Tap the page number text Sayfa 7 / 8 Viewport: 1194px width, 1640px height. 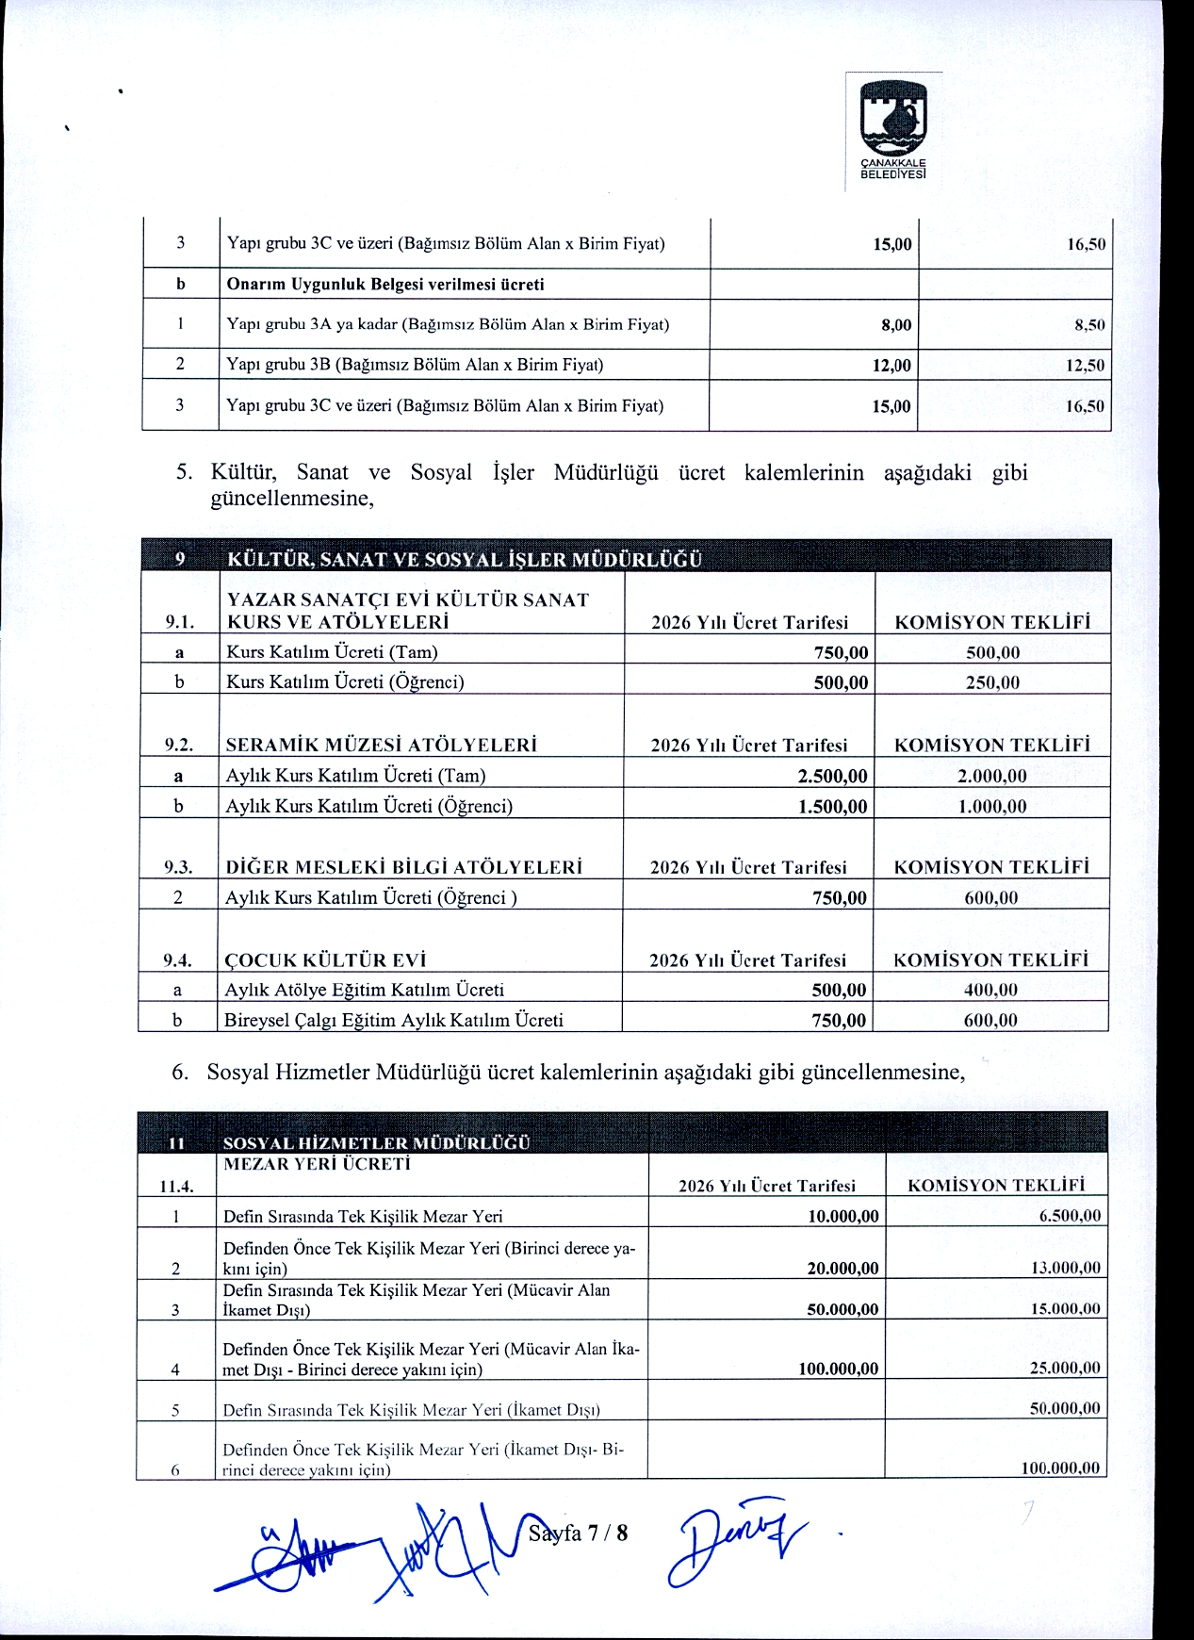pos(578,1533)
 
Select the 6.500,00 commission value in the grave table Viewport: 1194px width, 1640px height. pos(1070,1216)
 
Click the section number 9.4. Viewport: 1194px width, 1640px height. pos(177,960)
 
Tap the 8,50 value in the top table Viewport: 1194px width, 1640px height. pos(1089,325)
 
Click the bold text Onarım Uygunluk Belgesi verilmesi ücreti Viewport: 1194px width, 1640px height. pos(385,285)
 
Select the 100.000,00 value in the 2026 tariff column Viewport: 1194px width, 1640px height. pos(838,1369)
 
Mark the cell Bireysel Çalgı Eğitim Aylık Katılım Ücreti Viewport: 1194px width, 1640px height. pos(394,1020)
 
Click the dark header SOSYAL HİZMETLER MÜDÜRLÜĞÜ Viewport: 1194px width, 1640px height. pos(376,1142)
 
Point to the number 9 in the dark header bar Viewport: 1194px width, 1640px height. pos(180,559)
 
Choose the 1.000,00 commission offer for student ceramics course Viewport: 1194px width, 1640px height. pos(991,806)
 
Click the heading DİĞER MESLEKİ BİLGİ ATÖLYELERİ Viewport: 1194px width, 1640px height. pos(403,867)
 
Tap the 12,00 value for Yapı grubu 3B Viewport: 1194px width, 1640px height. pos(891,366)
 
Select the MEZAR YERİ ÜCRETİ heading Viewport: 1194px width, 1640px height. pos(317,1164)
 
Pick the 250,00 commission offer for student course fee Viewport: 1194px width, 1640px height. pos(992,682)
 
